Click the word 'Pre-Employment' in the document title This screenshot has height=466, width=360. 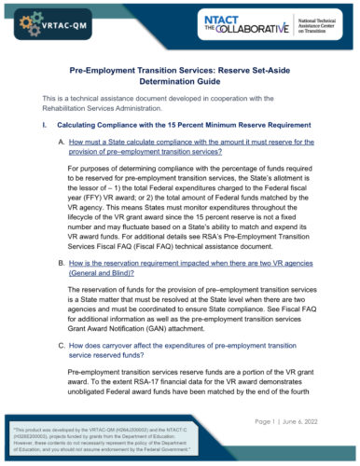point(102,70)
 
